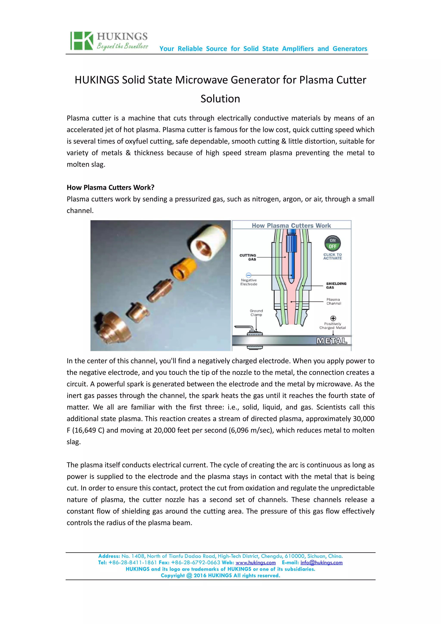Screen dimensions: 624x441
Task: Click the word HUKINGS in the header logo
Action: (122, 36)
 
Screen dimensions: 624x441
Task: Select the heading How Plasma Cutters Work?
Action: (110, 188)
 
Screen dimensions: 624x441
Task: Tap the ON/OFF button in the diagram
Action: (332, 243)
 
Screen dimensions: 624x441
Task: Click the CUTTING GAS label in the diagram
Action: (248, 257)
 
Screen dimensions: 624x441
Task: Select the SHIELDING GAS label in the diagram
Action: (336, 285)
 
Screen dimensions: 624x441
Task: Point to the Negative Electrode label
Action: (249, 282)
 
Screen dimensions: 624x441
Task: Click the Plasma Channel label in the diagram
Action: (333, 301)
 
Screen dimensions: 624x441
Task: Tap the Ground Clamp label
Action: (256, 313)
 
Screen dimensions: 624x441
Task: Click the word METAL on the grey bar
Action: (332, 341)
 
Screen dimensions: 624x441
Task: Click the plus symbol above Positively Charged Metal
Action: (333, 318)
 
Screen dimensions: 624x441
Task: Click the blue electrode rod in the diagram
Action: (291, 258)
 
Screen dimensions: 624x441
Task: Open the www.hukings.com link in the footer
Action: (255, 563)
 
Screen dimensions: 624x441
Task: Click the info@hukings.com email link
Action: (321, 563)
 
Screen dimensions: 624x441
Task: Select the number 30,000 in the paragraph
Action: (363, 419)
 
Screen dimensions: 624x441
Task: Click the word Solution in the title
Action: (220, 99)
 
